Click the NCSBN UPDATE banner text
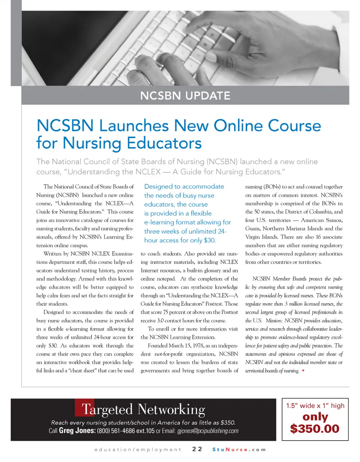click(185, 96)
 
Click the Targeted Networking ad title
click(144, 409)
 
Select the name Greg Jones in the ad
click(77, 431)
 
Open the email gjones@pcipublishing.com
click(207, 431)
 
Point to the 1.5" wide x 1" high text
click(315, 406)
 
